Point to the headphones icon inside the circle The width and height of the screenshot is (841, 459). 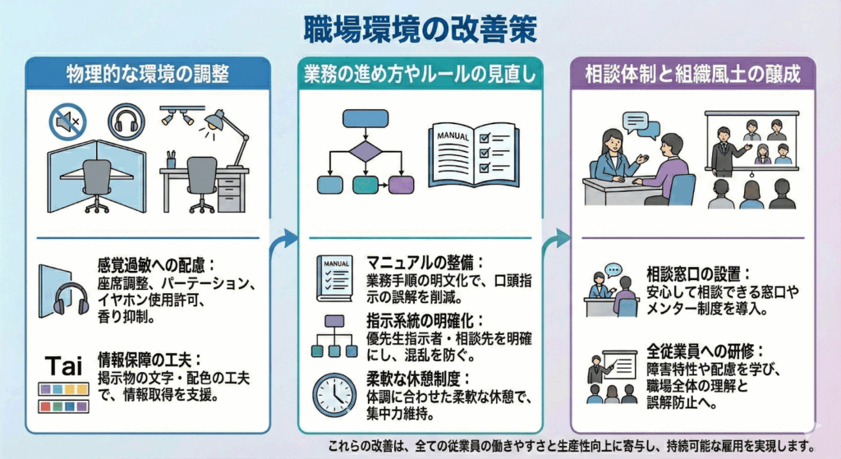tap(124, 122)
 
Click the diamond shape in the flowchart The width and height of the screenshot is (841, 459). tap(365, 152)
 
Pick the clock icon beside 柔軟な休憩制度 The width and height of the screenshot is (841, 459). tap(333, 394)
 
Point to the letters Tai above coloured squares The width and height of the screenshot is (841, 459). tap(63, 365)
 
